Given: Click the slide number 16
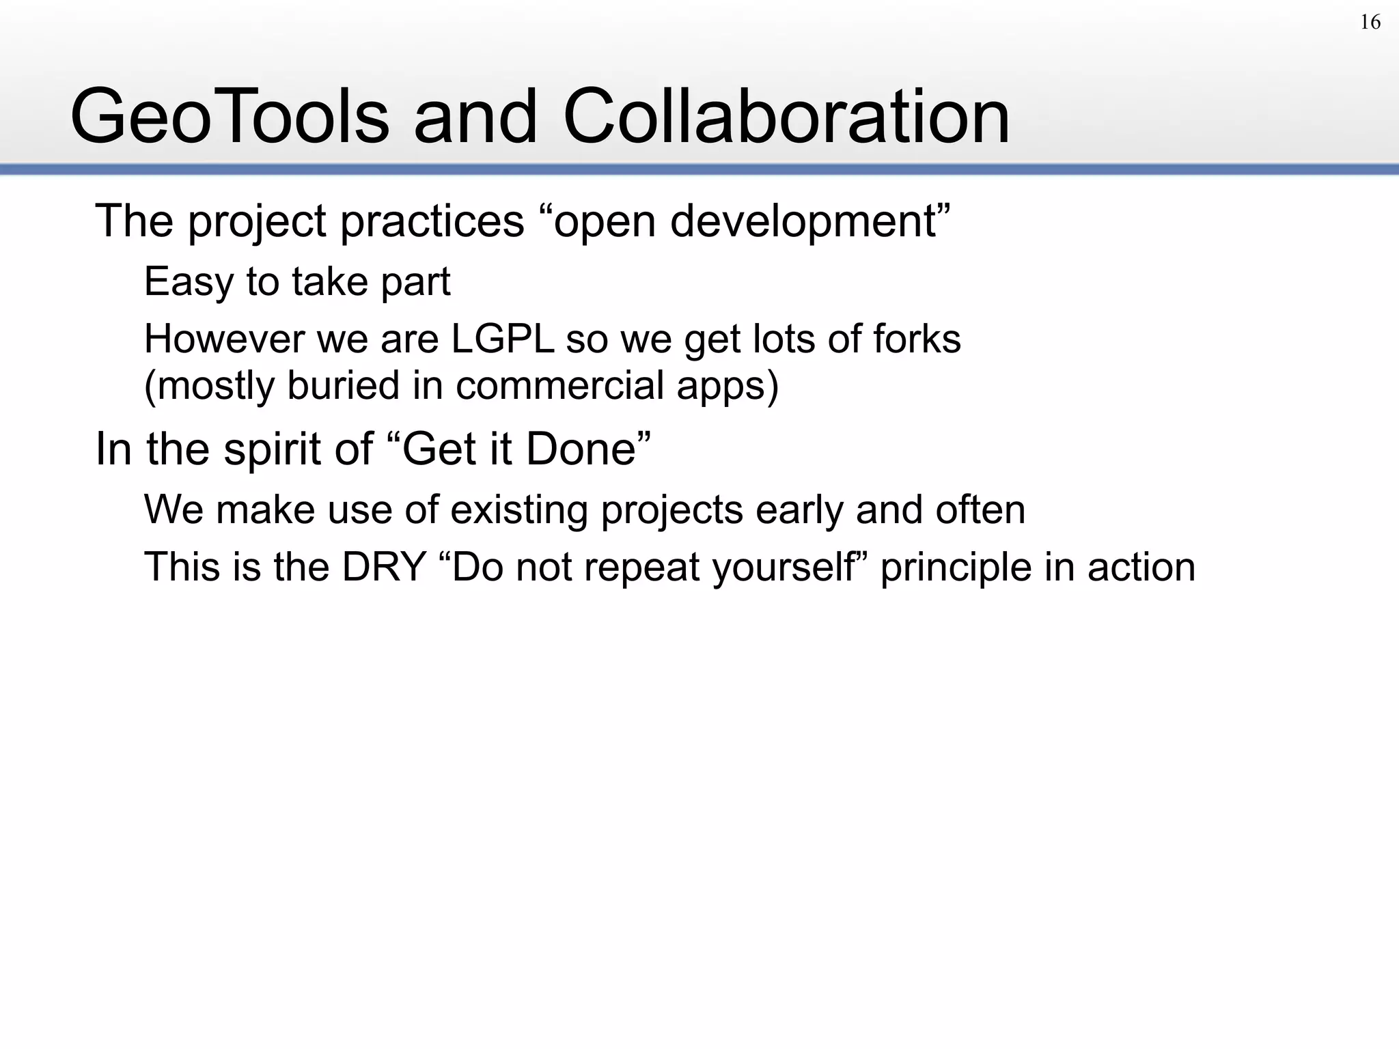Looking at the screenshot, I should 1370,23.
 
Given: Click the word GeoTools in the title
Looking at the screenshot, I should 230,117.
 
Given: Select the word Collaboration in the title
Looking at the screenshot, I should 786,117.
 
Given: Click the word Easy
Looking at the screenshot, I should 188,281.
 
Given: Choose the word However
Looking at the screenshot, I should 224,339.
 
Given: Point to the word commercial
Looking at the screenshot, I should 560,385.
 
